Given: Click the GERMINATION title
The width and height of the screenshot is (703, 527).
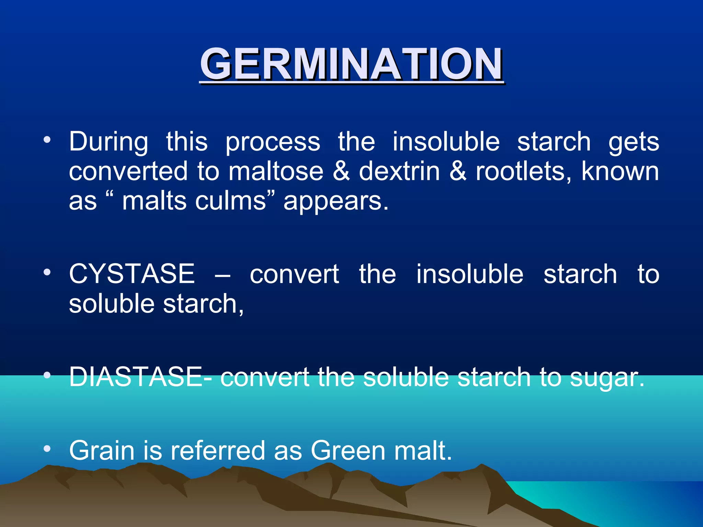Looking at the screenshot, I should (351, 64).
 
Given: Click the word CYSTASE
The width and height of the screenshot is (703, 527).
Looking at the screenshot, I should (132, 274).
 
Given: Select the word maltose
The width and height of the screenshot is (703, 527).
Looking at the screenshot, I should (276, 171).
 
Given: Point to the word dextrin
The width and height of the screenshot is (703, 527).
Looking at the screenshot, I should (399, 171).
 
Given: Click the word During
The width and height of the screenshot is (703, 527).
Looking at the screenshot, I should (108, 142).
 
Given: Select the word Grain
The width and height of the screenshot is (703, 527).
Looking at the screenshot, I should (102, 450).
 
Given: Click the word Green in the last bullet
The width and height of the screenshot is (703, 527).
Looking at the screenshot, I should (348, 450).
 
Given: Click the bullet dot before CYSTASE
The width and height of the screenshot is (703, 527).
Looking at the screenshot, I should (47, 273).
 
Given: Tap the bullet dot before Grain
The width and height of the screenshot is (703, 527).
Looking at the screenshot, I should (47, 449).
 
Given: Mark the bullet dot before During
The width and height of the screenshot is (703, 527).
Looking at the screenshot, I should (47, 140).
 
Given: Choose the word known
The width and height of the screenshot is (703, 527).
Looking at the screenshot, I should (620, 171).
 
